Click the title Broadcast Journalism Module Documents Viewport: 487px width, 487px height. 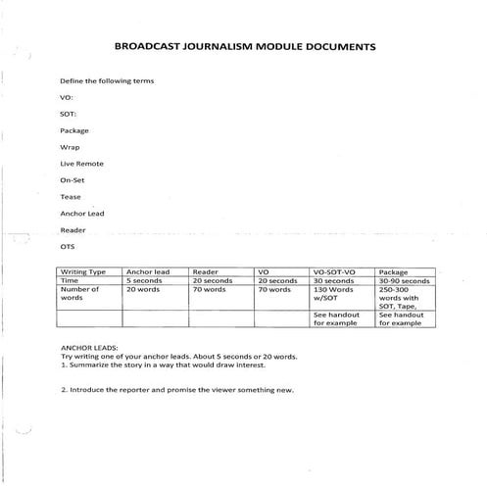click(x=244, y=46)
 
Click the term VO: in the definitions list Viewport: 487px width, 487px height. click(x=67, y=97)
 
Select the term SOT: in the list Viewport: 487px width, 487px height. click(x=69, y=114)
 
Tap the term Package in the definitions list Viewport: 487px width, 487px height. click(x=74, y=130)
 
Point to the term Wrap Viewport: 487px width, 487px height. click(x=70, y=147)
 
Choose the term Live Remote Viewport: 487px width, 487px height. click(x=81, y=164)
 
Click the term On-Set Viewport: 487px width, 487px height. click(x=73, y=180)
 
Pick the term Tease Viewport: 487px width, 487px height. click(x=71, y=197)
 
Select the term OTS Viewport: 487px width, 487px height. click(x=68, y=247)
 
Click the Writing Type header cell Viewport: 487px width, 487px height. click(x=84, y=271)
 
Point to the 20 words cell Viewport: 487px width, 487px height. click(x=144, y=290)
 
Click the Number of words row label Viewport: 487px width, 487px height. click(x=80, y=294)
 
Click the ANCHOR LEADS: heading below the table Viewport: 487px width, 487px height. click(x=89, y=347)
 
